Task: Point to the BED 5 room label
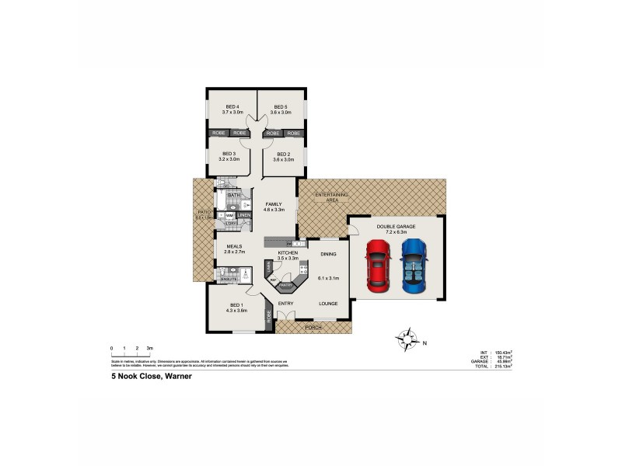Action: (281, 106)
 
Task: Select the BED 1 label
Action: (237, 304)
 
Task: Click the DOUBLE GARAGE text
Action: (396, 226)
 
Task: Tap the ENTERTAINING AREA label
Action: (330, 196)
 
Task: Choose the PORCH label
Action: (313, 327)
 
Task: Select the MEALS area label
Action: (235, 246)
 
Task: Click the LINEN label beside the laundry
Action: (244, 214)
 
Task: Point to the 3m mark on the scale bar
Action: (149, 348)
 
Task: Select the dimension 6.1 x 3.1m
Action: (327, 277)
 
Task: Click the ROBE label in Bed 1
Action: (270, 317)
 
